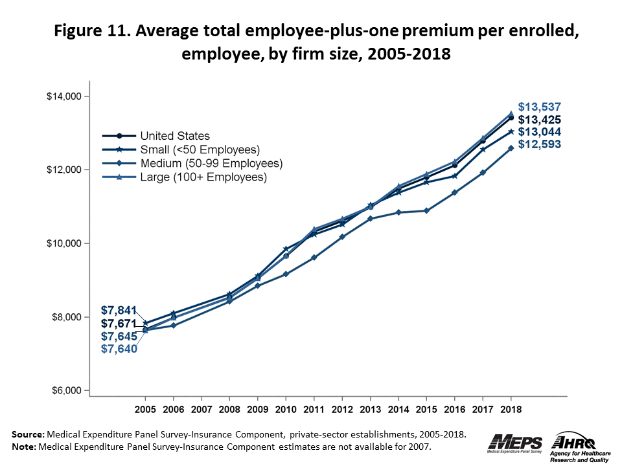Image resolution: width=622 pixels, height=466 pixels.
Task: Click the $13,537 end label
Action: point(539,107)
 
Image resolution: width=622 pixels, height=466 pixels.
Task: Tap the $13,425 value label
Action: point(539,120)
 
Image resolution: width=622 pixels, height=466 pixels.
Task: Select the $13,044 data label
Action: point(539,132)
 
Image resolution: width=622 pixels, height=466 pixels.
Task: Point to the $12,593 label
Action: point(539,144)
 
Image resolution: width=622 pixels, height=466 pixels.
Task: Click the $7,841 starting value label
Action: point(118,309)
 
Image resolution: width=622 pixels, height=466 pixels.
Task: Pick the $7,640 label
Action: point(118,349)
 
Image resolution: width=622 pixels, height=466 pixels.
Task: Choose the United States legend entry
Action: point(175,136)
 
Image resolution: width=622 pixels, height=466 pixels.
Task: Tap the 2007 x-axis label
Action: point(201,410)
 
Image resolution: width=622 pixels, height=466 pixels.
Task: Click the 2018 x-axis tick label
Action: point(511,410)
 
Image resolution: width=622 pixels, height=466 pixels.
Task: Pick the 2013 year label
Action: point(370,410)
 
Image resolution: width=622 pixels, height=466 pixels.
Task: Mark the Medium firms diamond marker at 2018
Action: point(511,148)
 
